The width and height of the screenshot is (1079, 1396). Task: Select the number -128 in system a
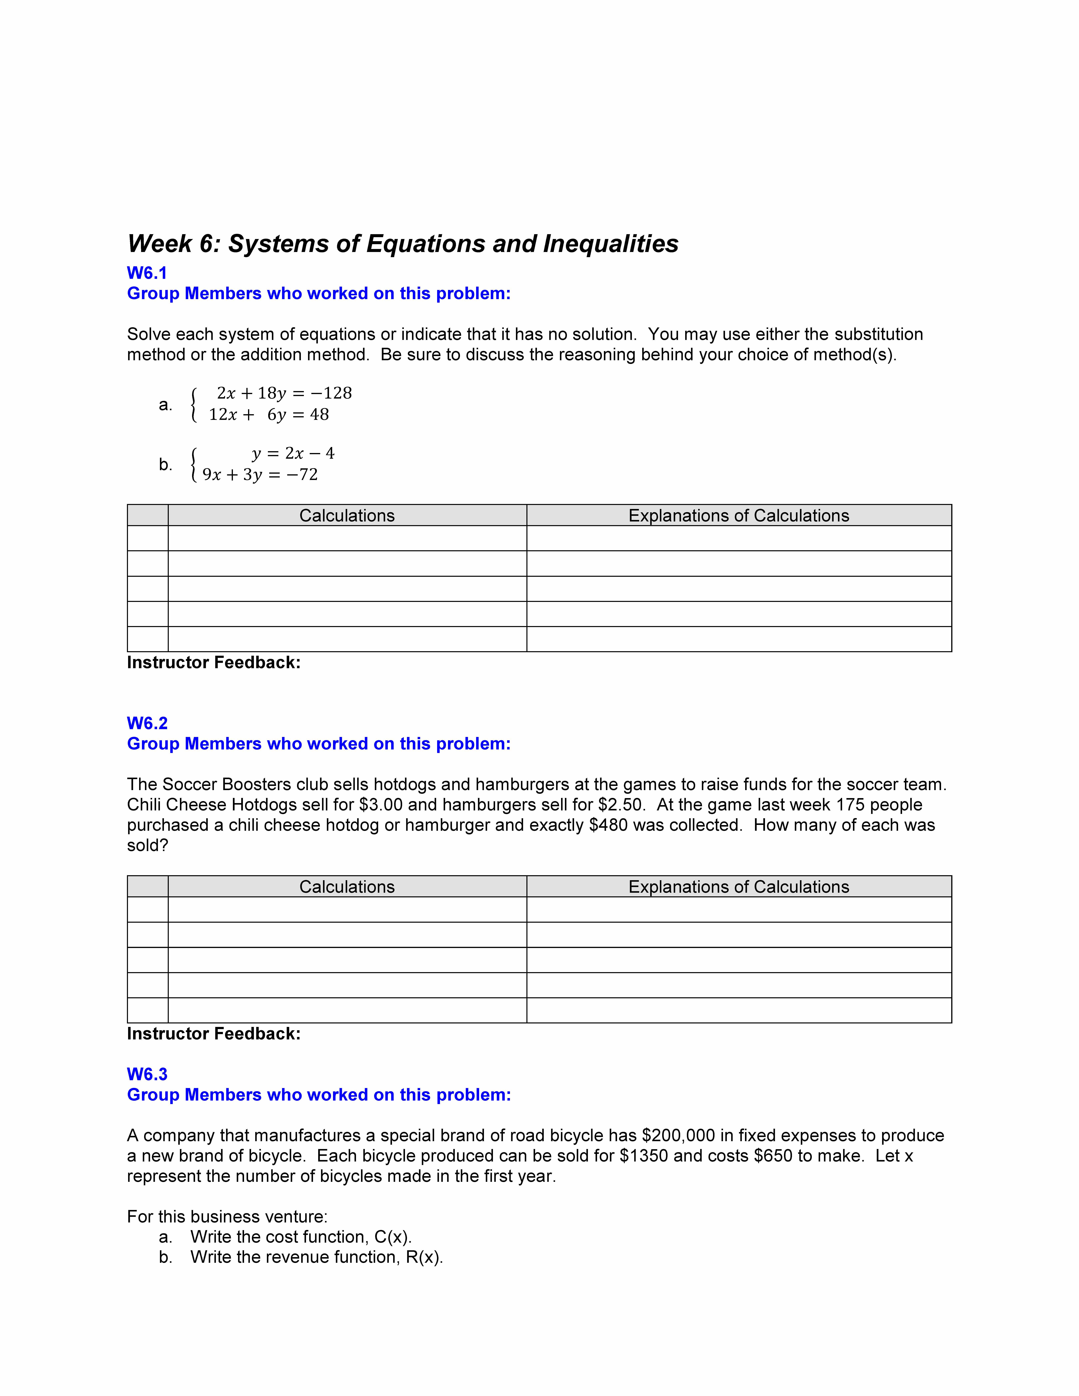pyautogui.click(x=331, y=393)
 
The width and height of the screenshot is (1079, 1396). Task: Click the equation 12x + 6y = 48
pyautogui.click(x=269, y=415)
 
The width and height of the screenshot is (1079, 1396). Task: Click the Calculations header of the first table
pyautogui.click(x=347, y=516)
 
